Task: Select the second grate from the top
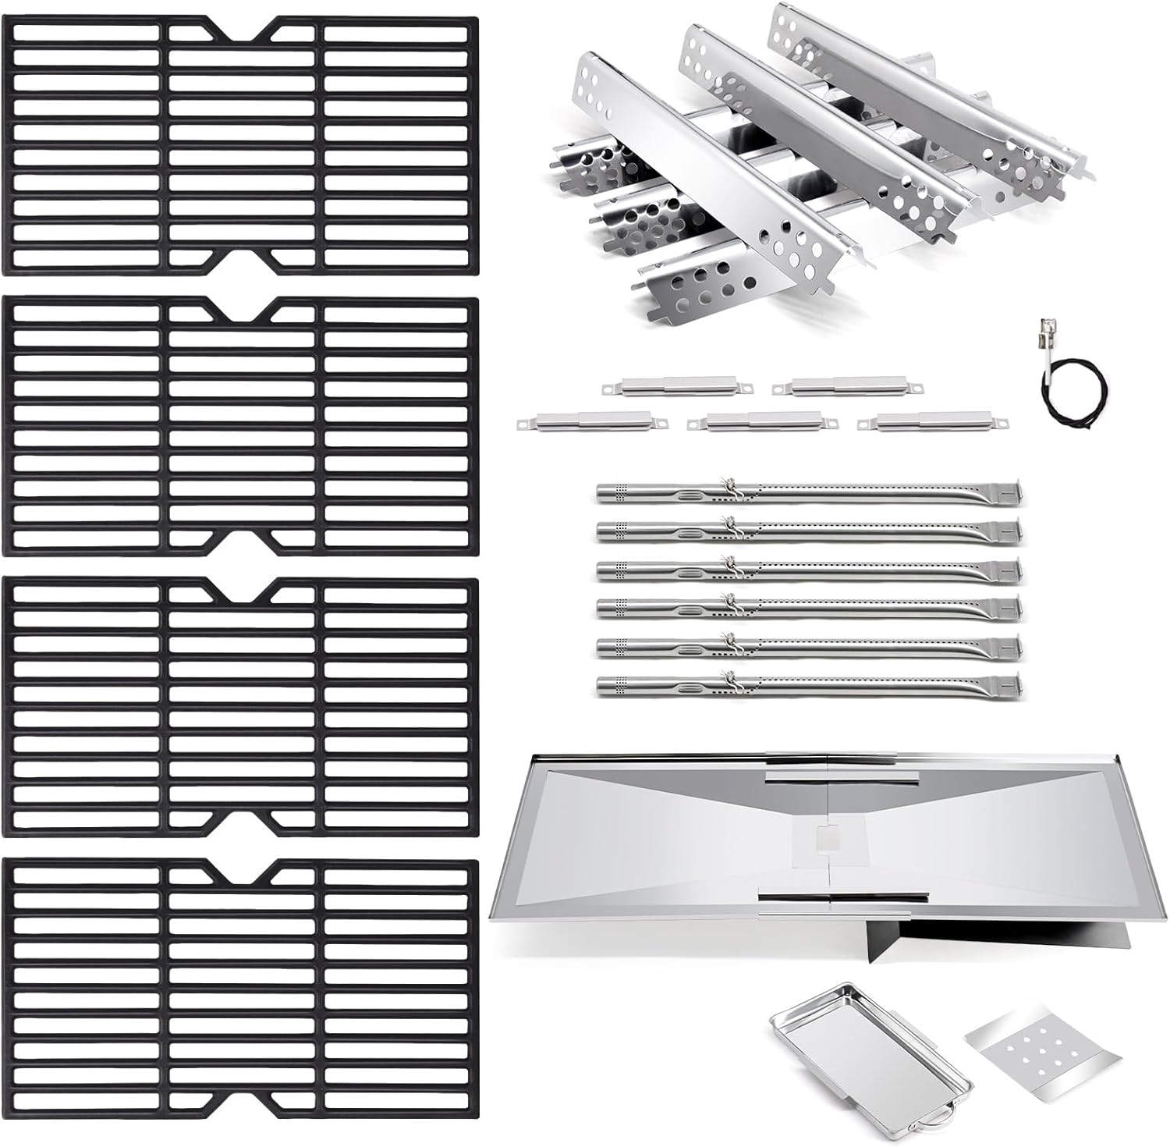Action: [x=240, y=426]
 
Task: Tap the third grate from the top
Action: [x=240, y=707]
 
